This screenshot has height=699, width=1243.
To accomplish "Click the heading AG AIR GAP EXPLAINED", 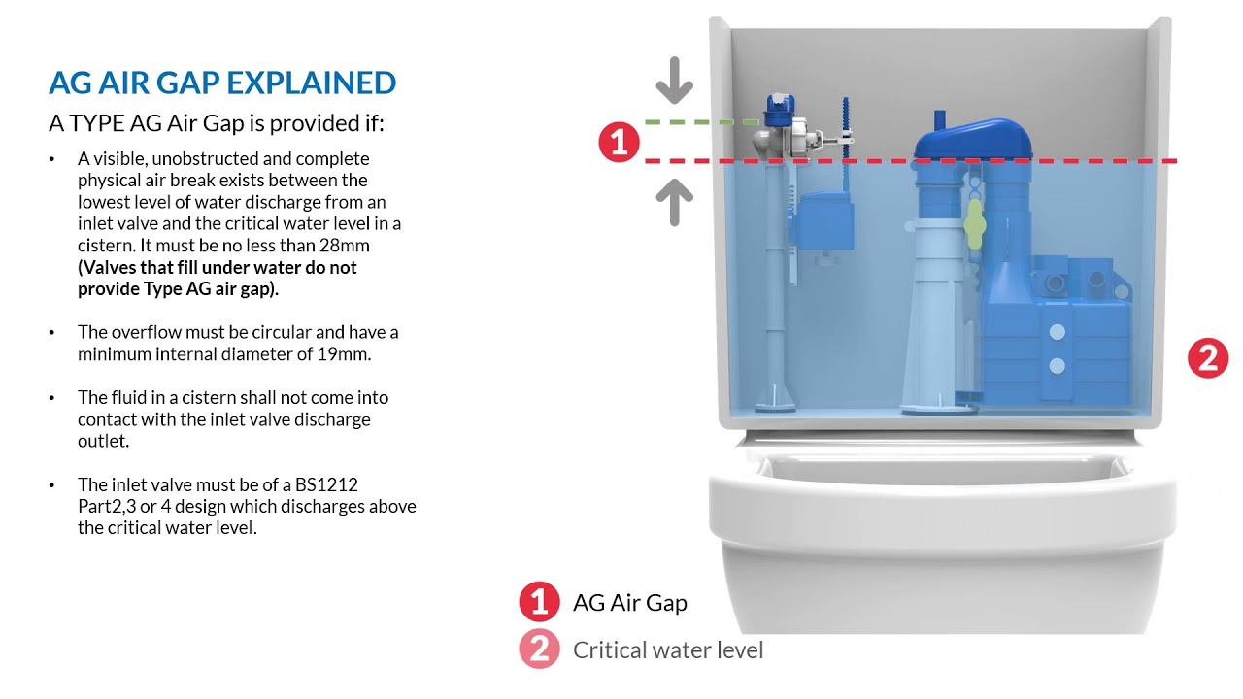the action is (222, 83).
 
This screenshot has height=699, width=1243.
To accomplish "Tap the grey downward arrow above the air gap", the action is (674, 81).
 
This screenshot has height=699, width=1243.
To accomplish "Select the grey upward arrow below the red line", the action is (674, 202).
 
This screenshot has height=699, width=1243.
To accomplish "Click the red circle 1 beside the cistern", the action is (619, 142).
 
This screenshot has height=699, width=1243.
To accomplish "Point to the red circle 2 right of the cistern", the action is (1208, 358).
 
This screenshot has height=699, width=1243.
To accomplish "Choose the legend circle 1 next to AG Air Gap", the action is (539, 601).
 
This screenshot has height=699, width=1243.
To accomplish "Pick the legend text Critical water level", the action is (668, 649).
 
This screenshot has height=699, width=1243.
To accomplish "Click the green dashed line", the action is (702, 121).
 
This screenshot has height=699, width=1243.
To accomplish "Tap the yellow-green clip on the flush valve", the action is (974, 224).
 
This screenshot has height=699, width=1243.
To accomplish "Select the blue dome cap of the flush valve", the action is (973, 138).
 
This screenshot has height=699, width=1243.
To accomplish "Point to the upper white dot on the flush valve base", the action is (1058, 332).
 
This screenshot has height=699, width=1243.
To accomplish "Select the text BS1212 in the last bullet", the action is (326, 484).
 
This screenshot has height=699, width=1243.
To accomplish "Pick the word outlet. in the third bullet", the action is (103, 441).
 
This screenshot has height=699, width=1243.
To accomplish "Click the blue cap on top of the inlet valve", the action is (780, 110).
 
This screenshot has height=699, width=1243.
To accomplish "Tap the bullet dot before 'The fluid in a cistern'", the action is (52, 398).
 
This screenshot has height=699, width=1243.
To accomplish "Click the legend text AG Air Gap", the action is (630, 603).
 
